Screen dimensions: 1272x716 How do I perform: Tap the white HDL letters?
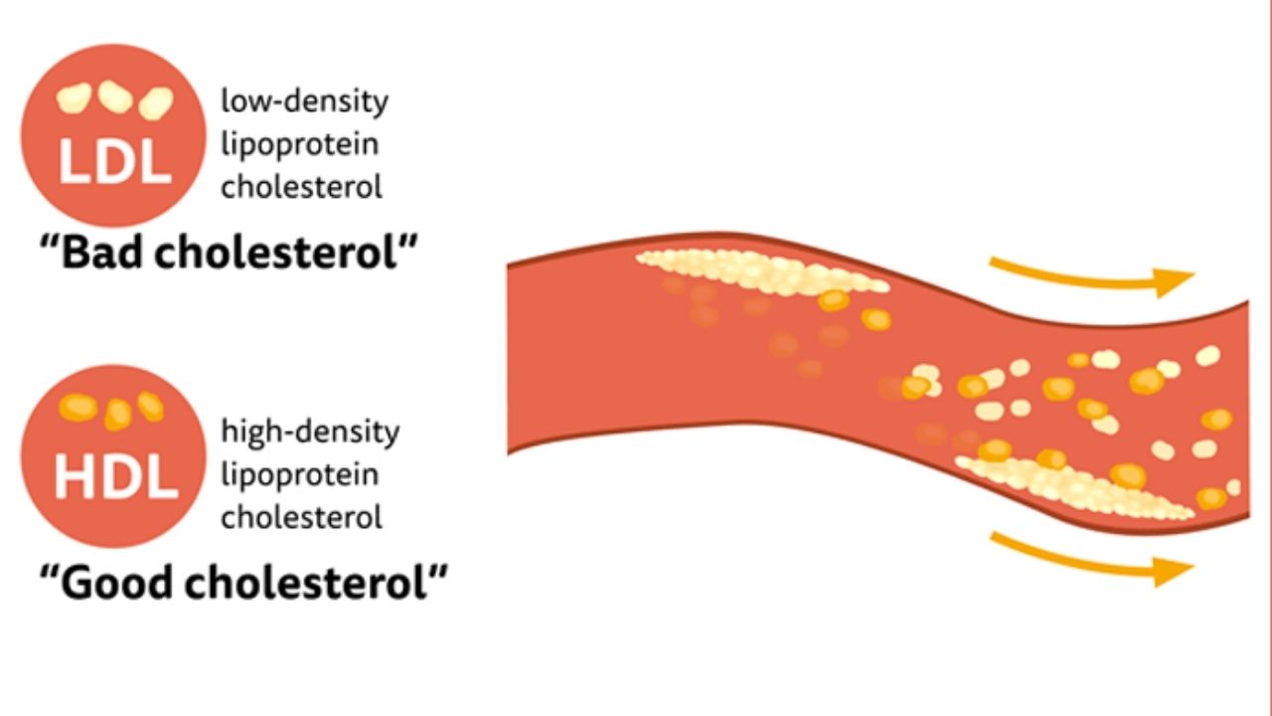pos(116,479)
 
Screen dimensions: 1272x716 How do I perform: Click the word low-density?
pos(304,101)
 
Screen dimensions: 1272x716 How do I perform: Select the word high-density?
pos(310,432)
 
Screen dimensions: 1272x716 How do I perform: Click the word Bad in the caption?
pos(101,253)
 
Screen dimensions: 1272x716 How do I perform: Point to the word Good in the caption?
pos(116,582)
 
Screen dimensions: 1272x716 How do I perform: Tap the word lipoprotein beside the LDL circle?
pos(300,145)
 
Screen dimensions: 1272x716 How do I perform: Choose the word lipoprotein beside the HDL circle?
pos(300,475)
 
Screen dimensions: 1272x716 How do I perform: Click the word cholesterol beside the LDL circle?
pos(301,187)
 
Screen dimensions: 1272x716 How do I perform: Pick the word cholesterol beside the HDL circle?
pos(301,517)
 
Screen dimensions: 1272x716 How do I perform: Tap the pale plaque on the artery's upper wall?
pos(762,272)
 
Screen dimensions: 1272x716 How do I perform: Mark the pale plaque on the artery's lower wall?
pos(1073,487)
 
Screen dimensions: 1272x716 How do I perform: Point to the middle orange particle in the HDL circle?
pos(117,415)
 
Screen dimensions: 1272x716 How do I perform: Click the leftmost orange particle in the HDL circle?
pos(79,408)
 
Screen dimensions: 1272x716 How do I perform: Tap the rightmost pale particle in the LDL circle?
pos(156,103)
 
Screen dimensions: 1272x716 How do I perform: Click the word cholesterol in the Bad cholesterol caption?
pos(275,253)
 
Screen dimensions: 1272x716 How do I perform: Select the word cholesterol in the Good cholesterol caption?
pos(305,582)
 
